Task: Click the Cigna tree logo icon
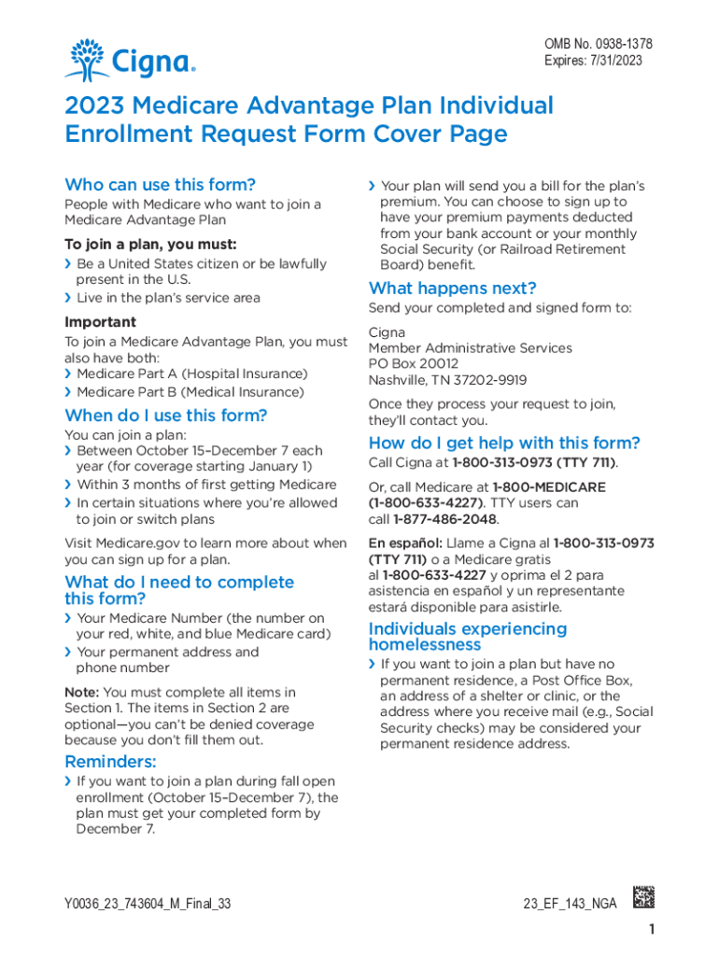pyautogui.click(x=86, y=60)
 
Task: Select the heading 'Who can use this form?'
pyautogui.click(x=160, y=185)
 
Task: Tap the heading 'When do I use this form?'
pyautogui.click(x=165, y=415)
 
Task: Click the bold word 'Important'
pyautogui.click(x=100, y=322)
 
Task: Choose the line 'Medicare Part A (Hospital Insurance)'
pyautogui.click(x=191, y=373)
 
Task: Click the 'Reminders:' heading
pyautogui.click(x=110, y=762)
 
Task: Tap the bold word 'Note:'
pyautogui.click(x=81, y=693)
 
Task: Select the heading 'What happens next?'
pyautogui.click(x=452, y=288)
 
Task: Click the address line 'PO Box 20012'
pyautogui.click(x=414, y=364)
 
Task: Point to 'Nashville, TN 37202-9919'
pyautogui.click(x=447, y=380)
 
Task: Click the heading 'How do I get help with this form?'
pyautogui.click(x=504, y=443)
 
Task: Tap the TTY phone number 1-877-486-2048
pyautogui.click(x=445, y=519)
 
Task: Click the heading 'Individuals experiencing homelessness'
pyautogui.click(x=467, y=636)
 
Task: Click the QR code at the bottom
pyautogui.click(x=644, y=896)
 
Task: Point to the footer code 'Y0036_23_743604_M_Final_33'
pyautogui.click(x=148, y=905)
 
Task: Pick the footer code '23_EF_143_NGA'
pyautogui.click(x=571, y=905)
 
